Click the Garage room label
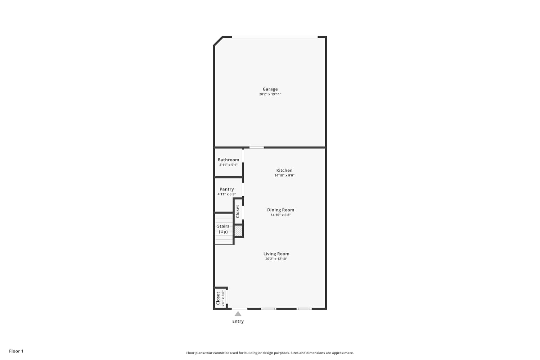(x=270, y=89)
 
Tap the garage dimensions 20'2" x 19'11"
(x=270, y=94)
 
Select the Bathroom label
(x=228, y=159)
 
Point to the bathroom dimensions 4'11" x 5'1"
(x=228, y=165)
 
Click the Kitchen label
(x=284, y=170)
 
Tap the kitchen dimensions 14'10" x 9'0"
(x=284, y=175)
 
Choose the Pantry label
(x=226, y=189)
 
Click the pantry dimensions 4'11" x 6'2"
(x=226, y=194)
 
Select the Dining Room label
(x=280, y=210)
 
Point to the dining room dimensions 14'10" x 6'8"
(x=280, y=215)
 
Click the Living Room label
(x=276, y=254)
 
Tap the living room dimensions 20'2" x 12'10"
(x=276, y=259)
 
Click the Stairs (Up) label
(x=223, y=229)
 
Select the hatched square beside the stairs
(x=238, y=230)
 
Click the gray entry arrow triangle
(x=238, y=314)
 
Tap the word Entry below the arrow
(x=238, y=321)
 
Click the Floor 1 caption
(x=16, y=351)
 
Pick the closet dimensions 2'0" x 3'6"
(x=223, y=298)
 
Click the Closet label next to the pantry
(x=238, y=211)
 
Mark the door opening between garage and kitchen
(x=256, y=147)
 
